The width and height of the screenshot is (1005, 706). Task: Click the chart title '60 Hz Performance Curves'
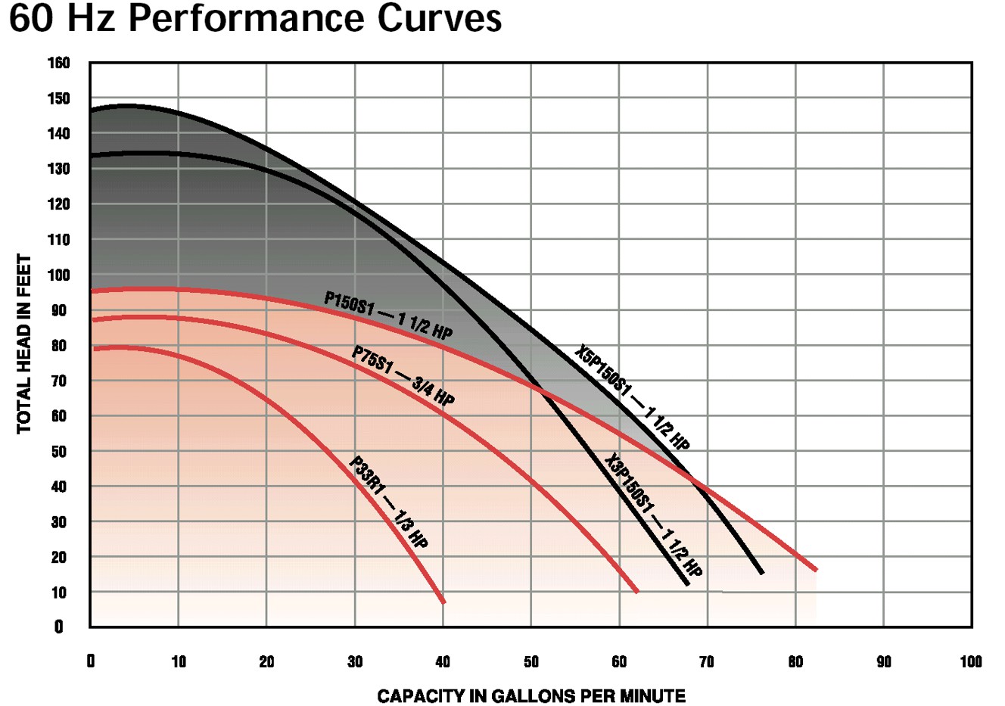255,18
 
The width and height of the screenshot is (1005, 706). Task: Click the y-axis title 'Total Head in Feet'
24,344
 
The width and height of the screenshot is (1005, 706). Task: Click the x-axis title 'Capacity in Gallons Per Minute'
531,695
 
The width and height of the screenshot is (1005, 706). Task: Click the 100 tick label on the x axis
971,662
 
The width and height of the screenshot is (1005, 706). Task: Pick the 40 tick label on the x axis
443,662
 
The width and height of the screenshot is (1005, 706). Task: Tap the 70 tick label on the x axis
707,662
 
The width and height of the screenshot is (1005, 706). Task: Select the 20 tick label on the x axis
266,662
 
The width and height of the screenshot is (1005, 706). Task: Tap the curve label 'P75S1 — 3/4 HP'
403,376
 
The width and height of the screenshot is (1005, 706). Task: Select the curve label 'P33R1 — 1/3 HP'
389,502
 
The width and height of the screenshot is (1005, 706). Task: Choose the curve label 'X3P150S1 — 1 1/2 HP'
654,515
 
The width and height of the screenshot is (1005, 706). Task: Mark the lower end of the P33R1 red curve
443,602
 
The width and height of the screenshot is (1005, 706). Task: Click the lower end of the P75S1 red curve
637,591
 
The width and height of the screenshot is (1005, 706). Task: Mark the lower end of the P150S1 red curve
816,569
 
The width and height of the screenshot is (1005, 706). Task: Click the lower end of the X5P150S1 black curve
761,572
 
